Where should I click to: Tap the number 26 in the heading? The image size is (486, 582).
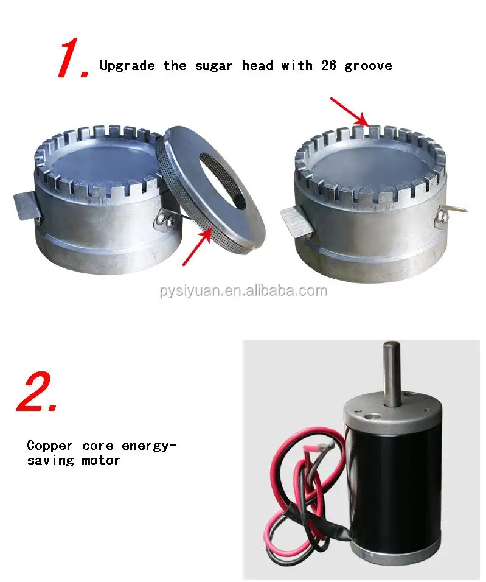pos(328,66)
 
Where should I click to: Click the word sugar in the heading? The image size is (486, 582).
pos(214,66)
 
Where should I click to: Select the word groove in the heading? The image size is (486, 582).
pos(369,66)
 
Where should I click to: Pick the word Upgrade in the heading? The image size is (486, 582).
pos(127,66)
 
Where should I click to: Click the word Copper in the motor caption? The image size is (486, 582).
pos(50,446)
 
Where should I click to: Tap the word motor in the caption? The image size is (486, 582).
pos(101,461)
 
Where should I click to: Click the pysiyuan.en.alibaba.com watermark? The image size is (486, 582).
pos(244,290)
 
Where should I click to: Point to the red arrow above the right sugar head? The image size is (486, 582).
pos(349,112)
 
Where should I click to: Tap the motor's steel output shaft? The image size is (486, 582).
pos(392,373)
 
